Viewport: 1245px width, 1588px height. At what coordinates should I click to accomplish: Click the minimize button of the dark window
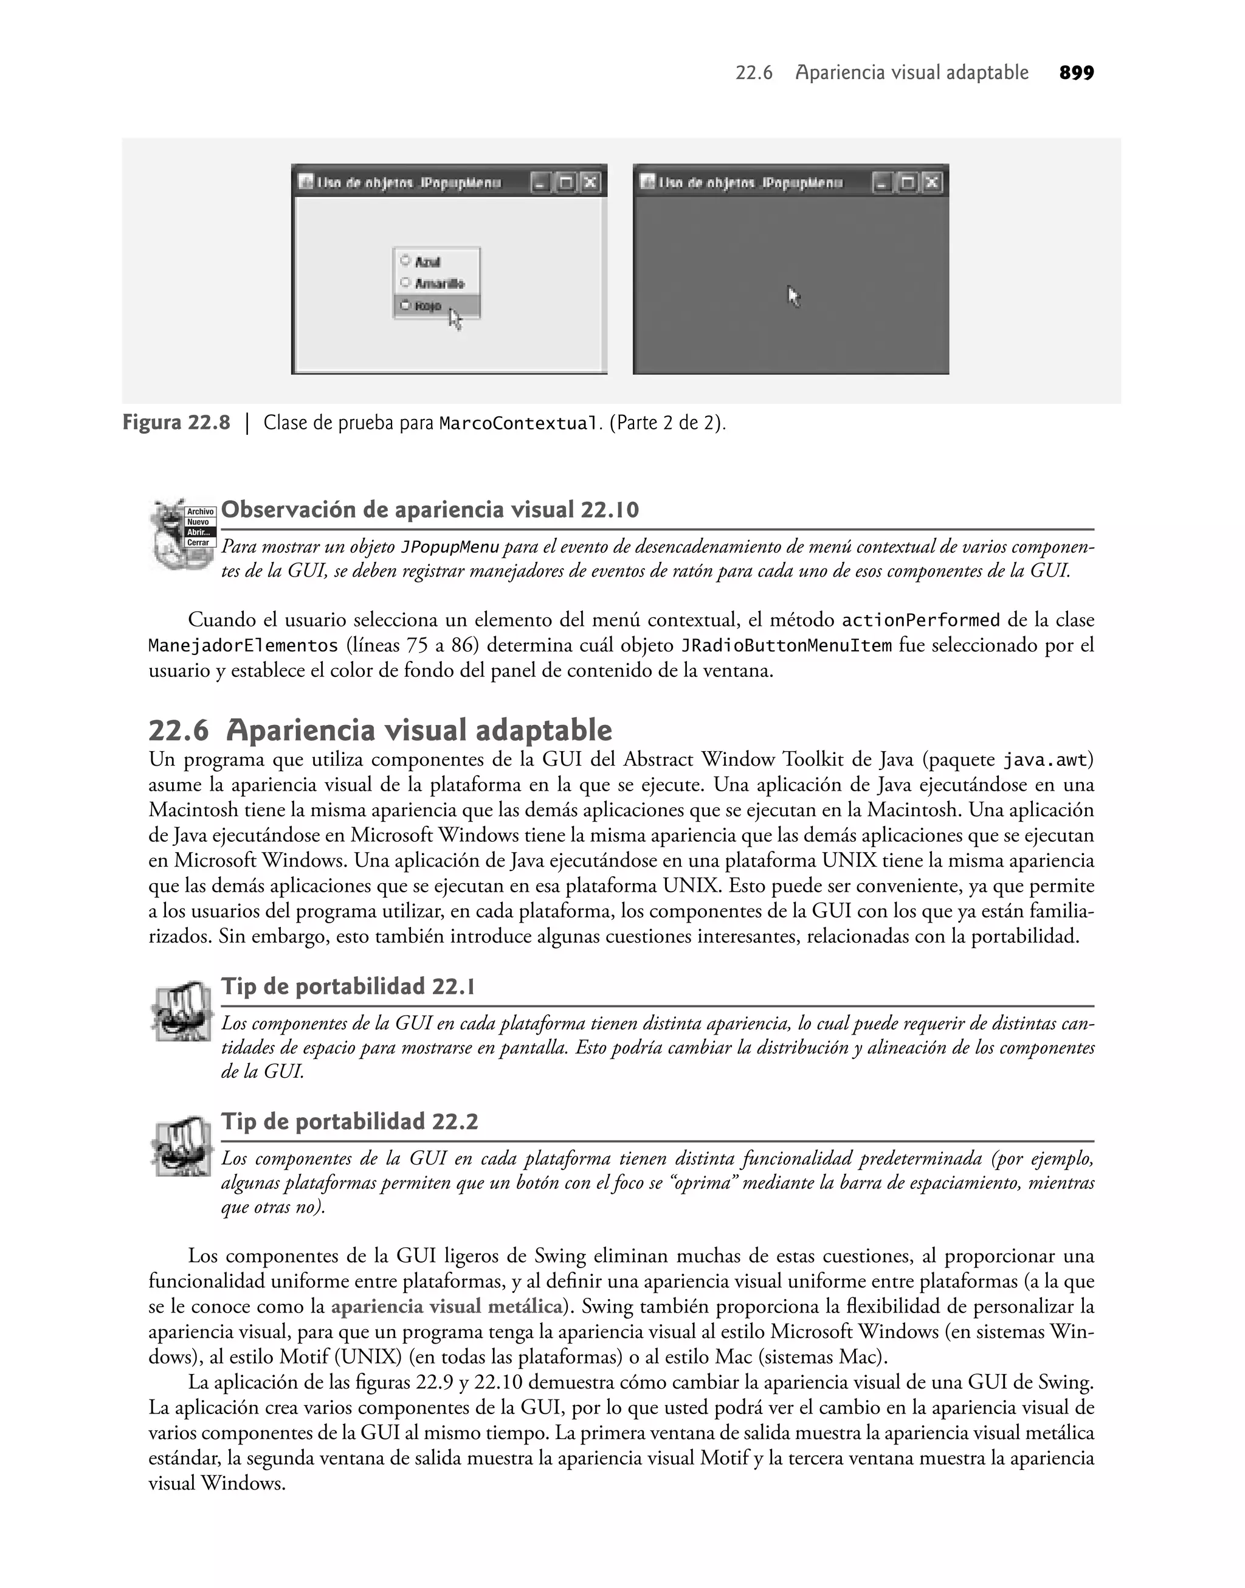[x=882, y=182]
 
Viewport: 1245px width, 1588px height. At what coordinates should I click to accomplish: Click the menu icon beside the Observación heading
[x=184, y=535]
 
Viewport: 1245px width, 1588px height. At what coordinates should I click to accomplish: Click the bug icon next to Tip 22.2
[x=182, y=1148]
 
